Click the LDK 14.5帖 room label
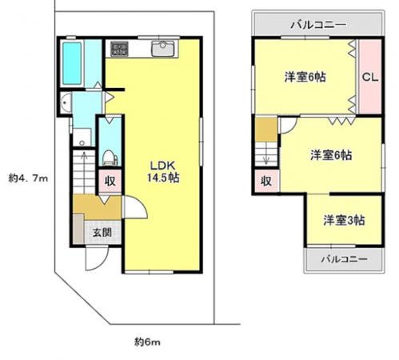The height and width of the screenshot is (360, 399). pyautogui.click(x=162, y=173)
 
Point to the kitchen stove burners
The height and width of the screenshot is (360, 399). pyautogui.click(x=119, y=48)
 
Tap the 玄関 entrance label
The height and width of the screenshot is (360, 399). pyautogui.click(x=101, y=233)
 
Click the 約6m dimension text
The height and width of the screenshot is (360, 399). pyautogui.click(x=148, y=342)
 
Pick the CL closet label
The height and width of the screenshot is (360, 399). pyautogui.click(x=369, y=78)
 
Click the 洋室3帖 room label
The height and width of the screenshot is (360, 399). pyautogui.click(x=345, y=219)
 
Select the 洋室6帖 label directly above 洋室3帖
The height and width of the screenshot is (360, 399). pyautogui.click(x=332, y=155)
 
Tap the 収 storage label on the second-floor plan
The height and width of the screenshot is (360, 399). pyautogui.click(x=266, y=180)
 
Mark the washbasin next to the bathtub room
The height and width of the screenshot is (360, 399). pyautogui.click(x=66, y=104)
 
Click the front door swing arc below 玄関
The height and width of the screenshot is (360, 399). pyautogui.click(x=96, y=260)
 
